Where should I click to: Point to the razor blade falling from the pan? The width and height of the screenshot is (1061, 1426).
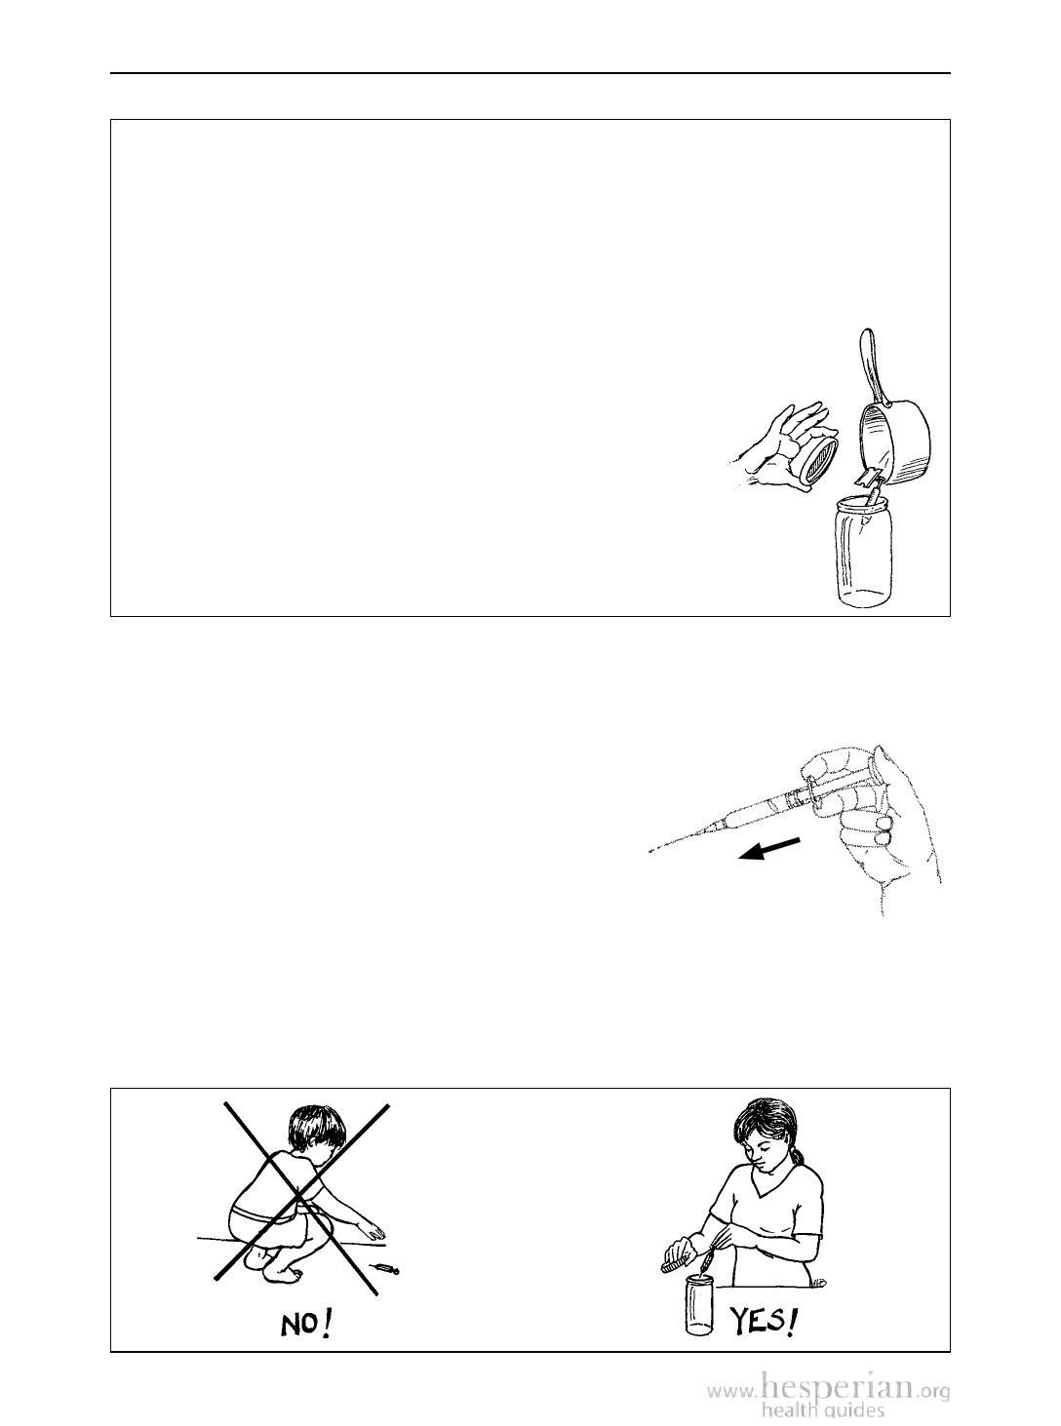pyautogui.click(x=865, y=478)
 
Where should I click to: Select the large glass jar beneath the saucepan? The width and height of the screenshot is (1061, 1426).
pyautogui.click(x=864, y=551)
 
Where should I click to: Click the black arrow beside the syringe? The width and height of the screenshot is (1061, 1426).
pyautogui.click(x=769, y=849)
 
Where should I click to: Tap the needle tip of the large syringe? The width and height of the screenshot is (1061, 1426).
pyautogui.click(x=648, y=853)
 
